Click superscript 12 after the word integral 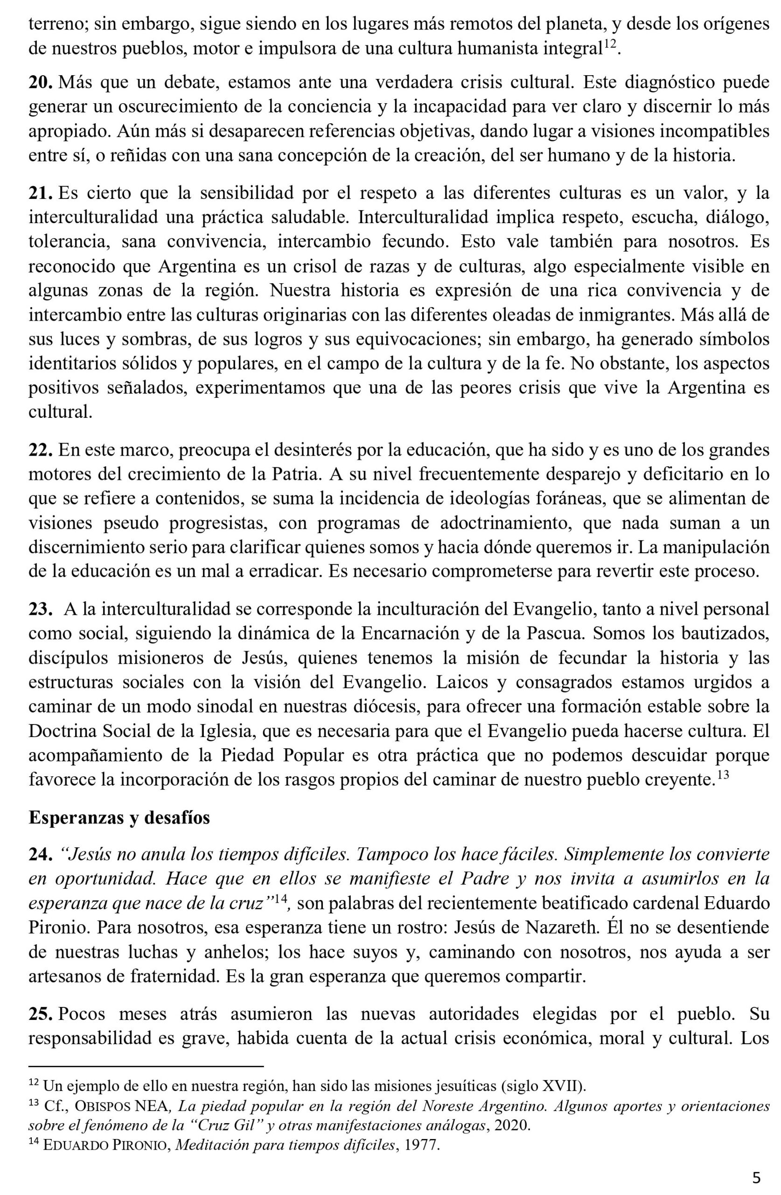(609, 45)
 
